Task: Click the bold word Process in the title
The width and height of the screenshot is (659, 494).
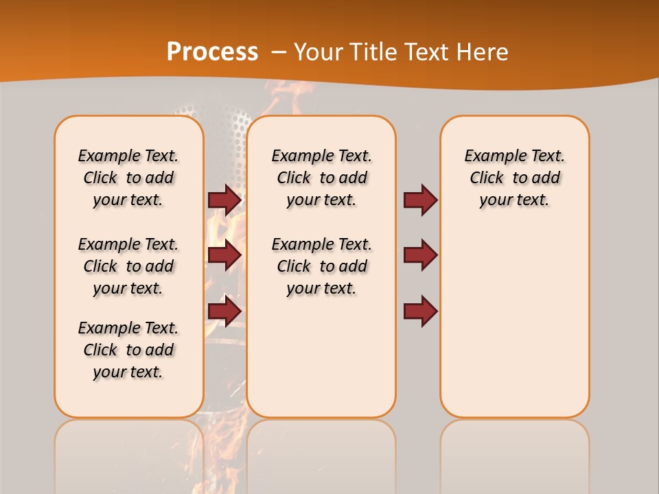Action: (212, 51)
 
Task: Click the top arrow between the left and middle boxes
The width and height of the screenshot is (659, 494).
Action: (224, 200)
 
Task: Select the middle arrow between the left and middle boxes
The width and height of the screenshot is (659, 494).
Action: (224, 255)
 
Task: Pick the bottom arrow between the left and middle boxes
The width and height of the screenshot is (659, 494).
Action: (224, 311)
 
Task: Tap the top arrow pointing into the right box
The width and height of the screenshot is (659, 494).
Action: (420, 200)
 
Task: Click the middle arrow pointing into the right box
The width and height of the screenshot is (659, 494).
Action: (420, 255)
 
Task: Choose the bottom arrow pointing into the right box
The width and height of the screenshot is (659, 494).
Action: (420, 311)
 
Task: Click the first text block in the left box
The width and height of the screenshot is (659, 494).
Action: (128, 178)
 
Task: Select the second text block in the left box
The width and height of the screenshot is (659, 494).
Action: (128, 266)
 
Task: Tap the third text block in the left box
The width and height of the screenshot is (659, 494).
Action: (128, 350)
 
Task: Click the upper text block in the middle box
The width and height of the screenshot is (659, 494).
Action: (321, 178)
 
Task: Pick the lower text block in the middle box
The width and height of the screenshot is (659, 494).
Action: (321, 266)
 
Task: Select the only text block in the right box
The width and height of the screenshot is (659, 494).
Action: (514, 178)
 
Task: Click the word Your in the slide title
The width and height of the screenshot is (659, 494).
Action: (318, 52)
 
